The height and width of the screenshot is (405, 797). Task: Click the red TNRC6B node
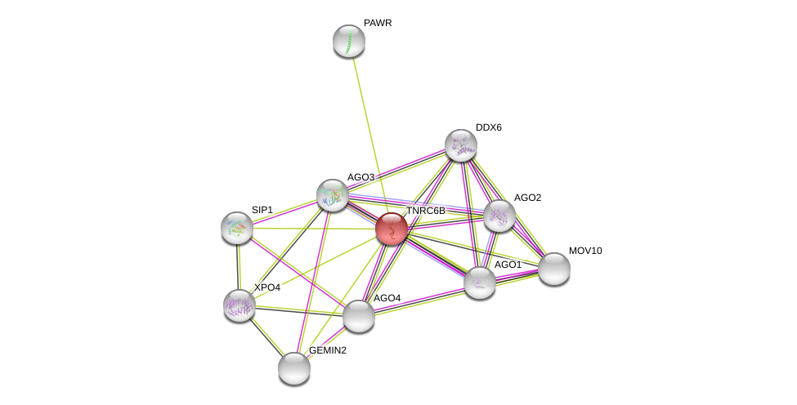[x=392, y=229]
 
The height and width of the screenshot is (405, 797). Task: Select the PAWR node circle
[x=349, y=41]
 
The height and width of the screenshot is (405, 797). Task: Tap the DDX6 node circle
[x=461, y=145]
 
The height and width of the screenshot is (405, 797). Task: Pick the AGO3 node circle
[x=333, y=195]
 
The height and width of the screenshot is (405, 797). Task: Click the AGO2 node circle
[x=499, y=216]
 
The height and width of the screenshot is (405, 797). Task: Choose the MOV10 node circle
[x=553, y=269]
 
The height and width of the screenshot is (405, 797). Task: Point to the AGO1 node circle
[x=480, y=283]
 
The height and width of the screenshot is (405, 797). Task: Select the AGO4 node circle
[x=358, y=316]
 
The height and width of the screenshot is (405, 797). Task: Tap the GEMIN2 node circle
[x=294, y=368]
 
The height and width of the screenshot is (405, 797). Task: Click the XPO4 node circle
[x=240, y=305]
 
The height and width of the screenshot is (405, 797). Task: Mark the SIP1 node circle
[x=237, y=228]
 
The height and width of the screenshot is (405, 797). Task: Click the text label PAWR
[x=378, y=23]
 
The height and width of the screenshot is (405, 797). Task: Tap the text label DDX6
[x=489, y=127]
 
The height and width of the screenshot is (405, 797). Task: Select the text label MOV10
[x=584, y=251]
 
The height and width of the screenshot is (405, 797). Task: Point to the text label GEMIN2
[x=327, y=350]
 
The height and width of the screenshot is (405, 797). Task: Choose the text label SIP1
[x=262, y=210]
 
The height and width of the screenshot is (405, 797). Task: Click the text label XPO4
[x=266, y=287]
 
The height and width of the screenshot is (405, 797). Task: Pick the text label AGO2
[x=527, y=198]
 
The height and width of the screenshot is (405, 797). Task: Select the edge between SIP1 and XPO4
[x=239, y=267]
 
